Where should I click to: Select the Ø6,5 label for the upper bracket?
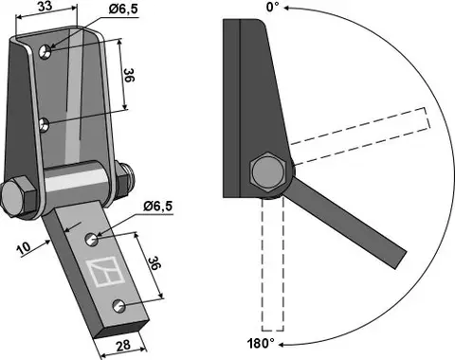96,11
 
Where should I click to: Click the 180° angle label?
260,343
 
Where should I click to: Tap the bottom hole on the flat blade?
118,305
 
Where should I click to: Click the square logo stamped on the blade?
102,272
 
